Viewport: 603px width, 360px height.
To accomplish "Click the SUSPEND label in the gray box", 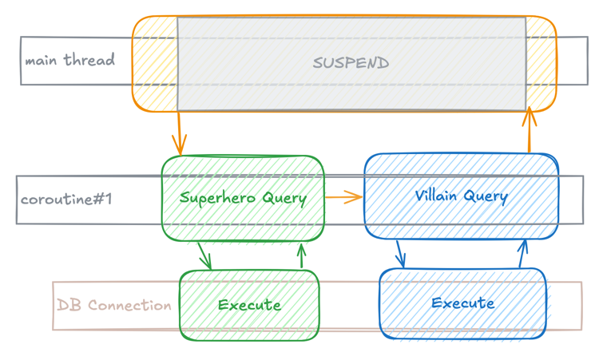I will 351,63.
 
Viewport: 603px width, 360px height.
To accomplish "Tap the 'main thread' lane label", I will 69,60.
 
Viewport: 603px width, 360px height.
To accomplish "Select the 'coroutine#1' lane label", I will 66,199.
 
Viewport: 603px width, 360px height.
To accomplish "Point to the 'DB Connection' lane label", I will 114,305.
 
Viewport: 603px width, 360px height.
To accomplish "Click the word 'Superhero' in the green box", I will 211,197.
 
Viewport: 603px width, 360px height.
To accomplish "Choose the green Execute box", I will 249,305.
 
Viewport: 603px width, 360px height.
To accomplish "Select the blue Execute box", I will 462,303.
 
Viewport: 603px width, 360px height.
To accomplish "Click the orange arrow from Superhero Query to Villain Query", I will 343,196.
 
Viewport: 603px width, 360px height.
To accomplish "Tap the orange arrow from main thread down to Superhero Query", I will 179,133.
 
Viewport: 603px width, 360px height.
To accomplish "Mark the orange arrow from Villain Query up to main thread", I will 528,131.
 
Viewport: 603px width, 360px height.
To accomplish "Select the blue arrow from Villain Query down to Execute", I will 400,254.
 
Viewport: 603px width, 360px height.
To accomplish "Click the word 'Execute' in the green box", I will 249,305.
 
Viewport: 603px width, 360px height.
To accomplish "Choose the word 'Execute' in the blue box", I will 462,303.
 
